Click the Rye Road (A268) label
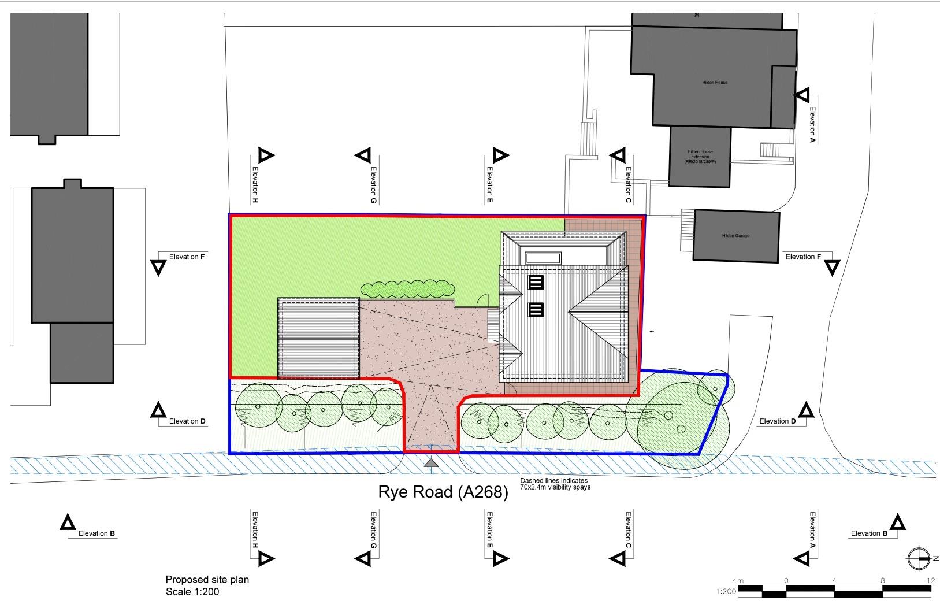(x=443, y=492)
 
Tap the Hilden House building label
(x=715, y=83)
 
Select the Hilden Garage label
(x=735, y=236)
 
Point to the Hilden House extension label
(x=700, y=157)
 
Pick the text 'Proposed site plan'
(x=207, y=579)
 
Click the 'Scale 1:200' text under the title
(x=192, y=592)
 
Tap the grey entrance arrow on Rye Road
(x=431, y=462)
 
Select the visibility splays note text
(x=555, y=484)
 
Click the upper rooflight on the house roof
(x=536, y=282)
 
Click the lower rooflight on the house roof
(x=536, y=310)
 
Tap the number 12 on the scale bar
(x=930, y=580)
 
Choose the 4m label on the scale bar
(x=738, y=580)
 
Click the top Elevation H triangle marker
(x=265, y=155)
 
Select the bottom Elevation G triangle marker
(x=362, y=558)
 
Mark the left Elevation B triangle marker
(x=68, y=523)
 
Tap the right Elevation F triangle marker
(x=832, y=268)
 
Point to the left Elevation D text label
(x=187, y=421)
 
